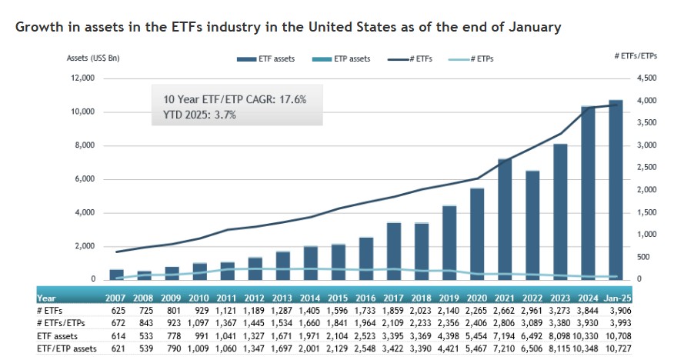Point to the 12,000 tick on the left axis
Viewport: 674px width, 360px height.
coord(82,78)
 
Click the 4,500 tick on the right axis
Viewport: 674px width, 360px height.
coord(648,78)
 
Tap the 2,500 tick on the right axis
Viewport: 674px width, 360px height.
coord(648,167)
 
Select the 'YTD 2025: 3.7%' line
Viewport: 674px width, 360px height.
coord(199,115)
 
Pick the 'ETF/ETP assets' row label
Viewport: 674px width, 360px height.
coord(67,348)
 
